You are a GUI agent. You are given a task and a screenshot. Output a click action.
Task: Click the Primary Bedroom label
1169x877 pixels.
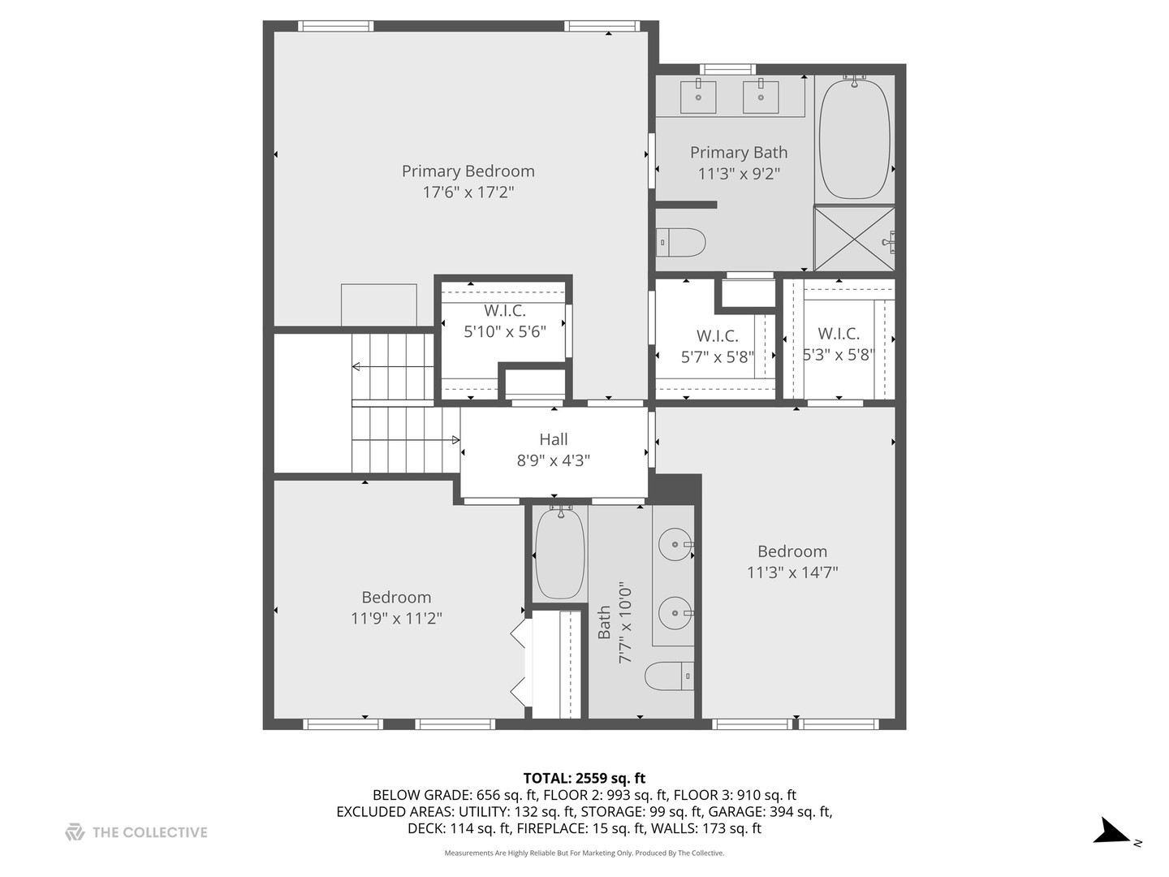(468, 171)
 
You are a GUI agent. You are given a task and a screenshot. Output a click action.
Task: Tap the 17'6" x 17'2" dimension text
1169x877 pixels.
(468, 192)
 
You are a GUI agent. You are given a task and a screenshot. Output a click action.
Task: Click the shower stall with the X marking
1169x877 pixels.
(853, 239)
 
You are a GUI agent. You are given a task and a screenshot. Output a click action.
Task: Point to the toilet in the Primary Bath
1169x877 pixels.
(681, 242)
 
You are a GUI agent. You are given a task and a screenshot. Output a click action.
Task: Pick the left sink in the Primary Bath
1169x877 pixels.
(698, 96)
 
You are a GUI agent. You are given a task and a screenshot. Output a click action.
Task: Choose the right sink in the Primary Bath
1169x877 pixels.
(761, 96)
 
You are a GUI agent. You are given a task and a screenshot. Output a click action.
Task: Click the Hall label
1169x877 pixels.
(553, 439)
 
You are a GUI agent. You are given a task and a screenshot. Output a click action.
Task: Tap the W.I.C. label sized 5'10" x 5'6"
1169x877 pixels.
(505, 311)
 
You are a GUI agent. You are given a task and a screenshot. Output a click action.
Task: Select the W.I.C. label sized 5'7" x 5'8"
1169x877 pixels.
(717, 336)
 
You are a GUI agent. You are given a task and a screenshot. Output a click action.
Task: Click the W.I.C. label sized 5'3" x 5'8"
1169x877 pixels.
(839, 334)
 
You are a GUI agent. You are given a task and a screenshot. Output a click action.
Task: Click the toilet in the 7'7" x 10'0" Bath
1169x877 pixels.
(671, 676)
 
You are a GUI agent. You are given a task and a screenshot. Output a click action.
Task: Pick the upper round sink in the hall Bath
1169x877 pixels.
(675, 544)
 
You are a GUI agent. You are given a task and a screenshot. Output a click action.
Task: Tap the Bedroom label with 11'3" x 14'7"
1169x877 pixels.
(792, 551)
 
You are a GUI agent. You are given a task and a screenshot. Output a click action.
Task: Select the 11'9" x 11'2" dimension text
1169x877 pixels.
(396, 619)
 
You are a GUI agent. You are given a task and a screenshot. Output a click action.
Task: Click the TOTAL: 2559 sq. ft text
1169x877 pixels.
(584, 779)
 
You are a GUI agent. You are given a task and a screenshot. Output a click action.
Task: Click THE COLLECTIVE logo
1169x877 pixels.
(136, 832)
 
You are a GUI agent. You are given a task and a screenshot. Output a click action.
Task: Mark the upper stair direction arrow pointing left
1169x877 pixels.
(357, 367)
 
